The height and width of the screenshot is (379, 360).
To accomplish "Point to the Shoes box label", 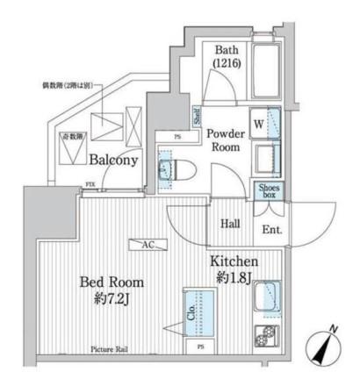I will (268, 190).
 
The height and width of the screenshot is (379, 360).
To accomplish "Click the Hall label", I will (231, 224).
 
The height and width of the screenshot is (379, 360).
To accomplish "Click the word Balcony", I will (114, 161).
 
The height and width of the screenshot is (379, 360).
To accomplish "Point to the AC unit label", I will (147, 246).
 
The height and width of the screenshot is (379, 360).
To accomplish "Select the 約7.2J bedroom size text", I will (112, 300).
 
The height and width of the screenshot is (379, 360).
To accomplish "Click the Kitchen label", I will (233, 262).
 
